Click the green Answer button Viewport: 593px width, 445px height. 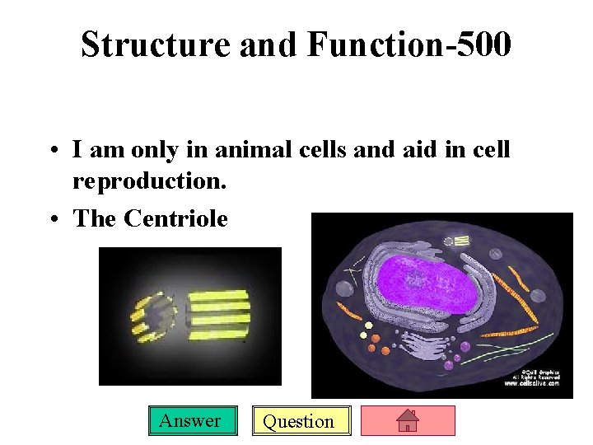pyautogui.click(x=189, y=421)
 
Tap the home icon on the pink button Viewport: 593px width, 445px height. pyautogui.click(x=408, y=421)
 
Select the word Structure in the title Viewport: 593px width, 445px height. pyautogui.click(x=156, y=44)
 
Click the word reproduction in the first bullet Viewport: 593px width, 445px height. pyautogui.click(x=149, y=180)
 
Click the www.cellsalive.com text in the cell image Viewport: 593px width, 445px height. pyautogui.click(x=531, y=383)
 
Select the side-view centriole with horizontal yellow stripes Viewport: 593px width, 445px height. pyautogui.click(x=217, y=316)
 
